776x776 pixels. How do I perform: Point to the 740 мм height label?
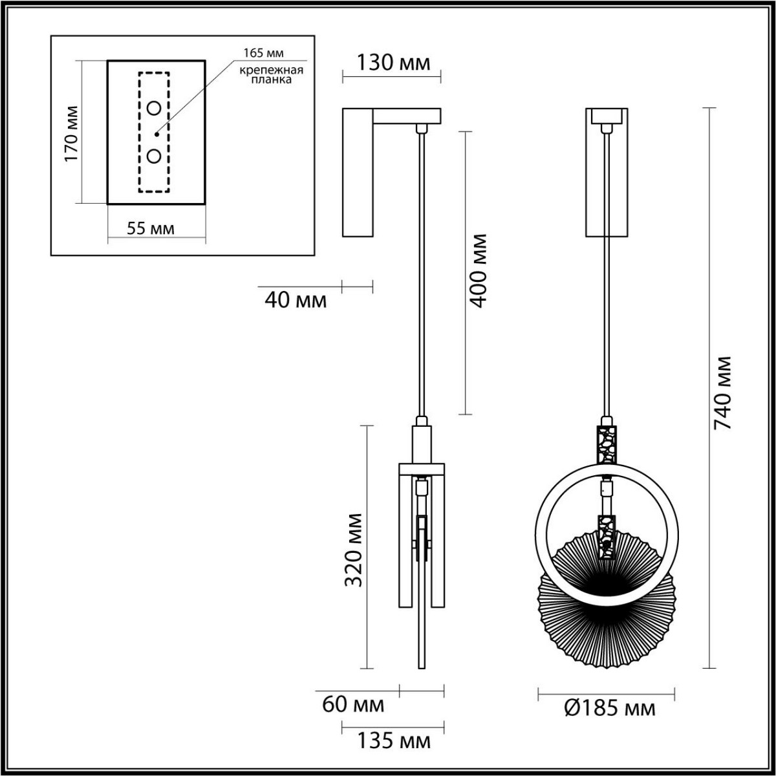(721, 394)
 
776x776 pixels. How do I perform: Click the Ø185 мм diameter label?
(609, 708)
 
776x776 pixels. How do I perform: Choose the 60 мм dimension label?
(353, 704)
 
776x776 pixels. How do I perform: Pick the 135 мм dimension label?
(393, 740)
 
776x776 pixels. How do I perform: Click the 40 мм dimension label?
(296, 300)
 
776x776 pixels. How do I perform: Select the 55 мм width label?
(150, 228)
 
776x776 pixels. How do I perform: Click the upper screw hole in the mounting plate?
(155, 108)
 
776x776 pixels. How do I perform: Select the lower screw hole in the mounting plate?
(155, 156)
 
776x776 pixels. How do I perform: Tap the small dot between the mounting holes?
(156, 134)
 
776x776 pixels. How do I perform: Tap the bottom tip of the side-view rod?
(422, 666)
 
